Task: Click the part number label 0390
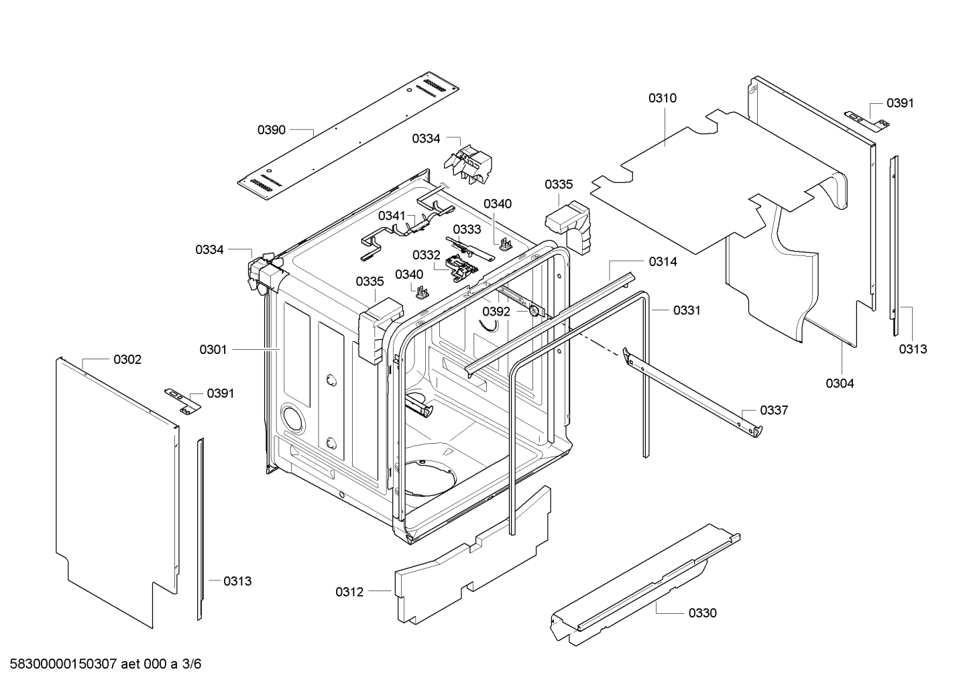[x=272, y=129]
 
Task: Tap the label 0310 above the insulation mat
[x=662, y=98]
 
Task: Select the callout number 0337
[x=773, y=410]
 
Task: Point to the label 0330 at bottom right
[x=702, y=613]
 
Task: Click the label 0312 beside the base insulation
[x=349, y=592]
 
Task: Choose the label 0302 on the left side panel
[x=127, y=360]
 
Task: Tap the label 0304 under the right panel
[x=840, y=383]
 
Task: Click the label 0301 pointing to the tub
[x=213, y=349]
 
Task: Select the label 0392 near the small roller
[x=496, y=312]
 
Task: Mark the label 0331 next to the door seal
[x=687, y=310]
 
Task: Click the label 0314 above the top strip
[x=663, y=262]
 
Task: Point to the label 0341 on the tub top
[x=392, y=215]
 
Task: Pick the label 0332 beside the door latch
[x=426, y=255]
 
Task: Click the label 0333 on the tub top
[x=467, y=229]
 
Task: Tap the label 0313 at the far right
[x=913, y=349]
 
